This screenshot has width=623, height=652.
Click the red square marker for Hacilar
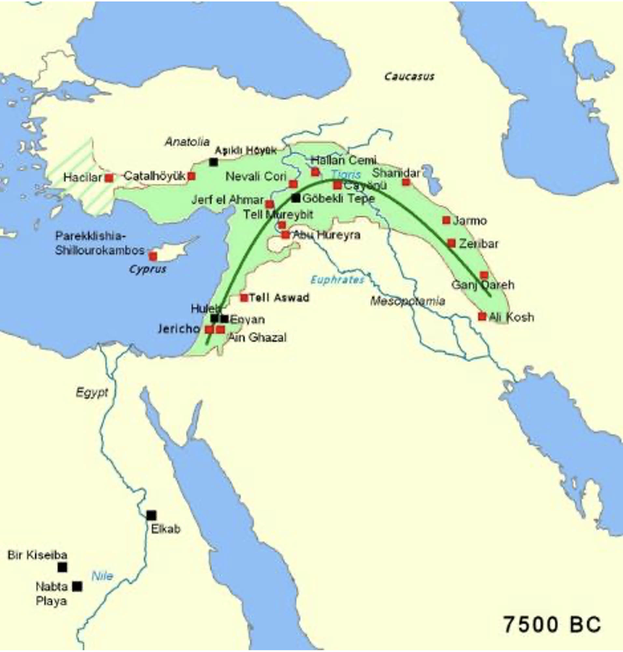tap(109, 178)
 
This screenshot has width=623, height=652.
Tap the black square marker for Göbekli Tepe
tap(296, 198)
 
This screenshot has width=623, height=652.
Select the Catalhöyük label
tap(154, 176)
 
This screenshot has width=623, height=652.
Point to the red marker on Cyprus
tap(153, 256)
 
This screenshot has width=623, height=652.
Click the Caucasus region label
tap(409, 77)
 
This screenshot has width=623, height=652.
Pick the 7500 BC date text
tap(552, 624)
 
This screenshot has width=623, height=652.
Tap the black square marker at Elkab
tap(151, 515)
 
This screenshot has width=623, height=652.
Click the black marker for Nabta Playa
tap(77, 586)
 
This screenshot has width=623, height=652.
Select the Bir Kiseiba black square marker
tap(62, 567)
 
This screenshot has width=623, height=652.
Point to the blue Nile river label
tap(102, 576)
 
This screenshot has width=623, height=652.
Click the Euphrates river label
tap(337, 280)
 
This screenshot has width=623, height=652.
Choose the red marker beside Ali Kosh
tap(482, 316)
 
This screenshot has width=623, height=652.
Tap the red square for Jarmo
tap(446, 220)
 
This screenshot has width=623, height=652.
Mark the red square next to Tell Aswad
tap(244, 298)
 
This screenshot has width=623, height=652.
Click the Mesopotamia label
tap(407, 301)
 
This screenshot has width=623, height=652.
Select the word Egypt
tap(92, 392)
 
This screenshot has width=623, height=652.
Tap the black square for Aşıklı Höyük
tap(214, 162)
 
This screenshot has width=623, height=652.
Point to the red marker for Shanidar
tap(406, 182)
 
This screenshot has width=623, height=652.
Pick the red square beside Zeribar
tap(451, 243)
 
